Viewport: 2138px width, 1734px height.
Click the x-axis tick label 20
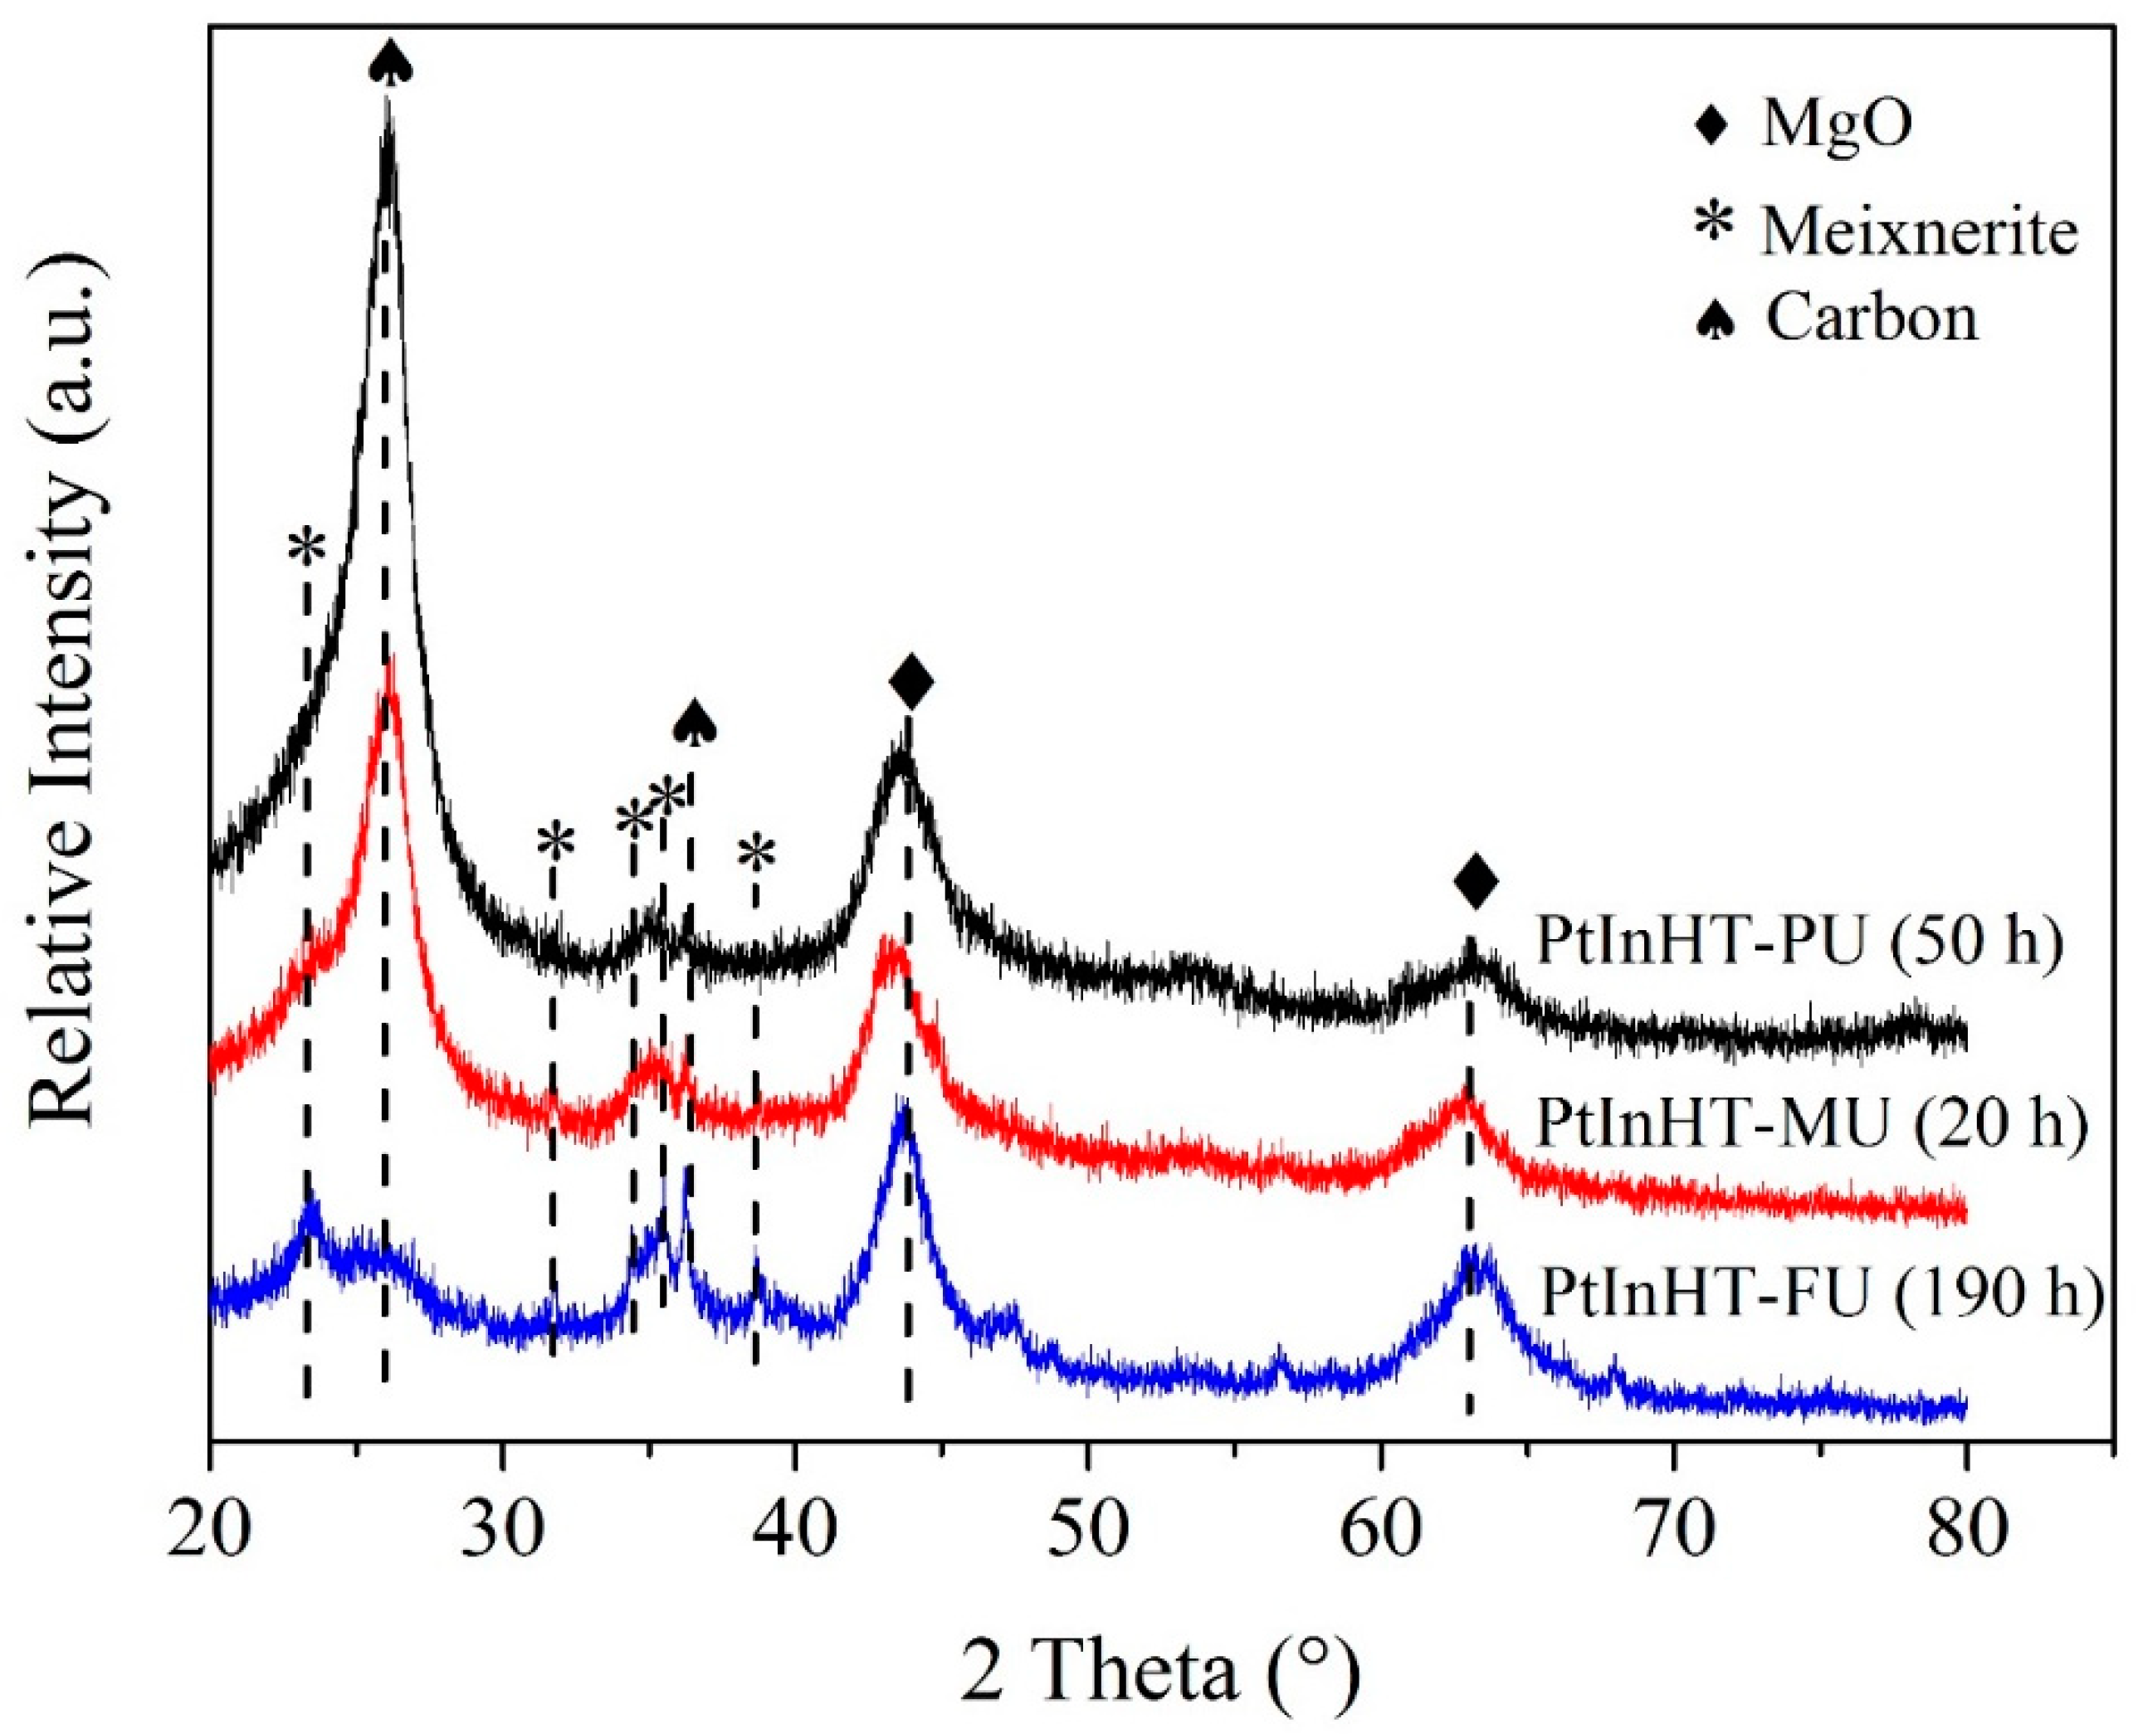click(x=209, y=1529)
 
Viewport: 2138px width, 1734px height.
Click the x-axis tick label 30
click(x=501, y=1529)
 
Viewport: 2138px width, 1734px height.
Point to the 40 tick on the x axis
click(x=794, y=1529)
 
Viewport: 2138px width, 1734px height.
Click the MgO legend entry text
click(x=1836, y=127)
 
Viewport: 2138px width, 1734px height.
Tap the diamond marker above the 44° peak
click(x=911, y=683)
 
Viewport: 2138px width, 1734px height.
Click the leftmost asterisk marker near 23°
click(x=307, y=548)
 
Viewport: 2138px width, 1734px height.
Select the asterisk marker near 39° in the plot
click(x=756, y=854)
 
